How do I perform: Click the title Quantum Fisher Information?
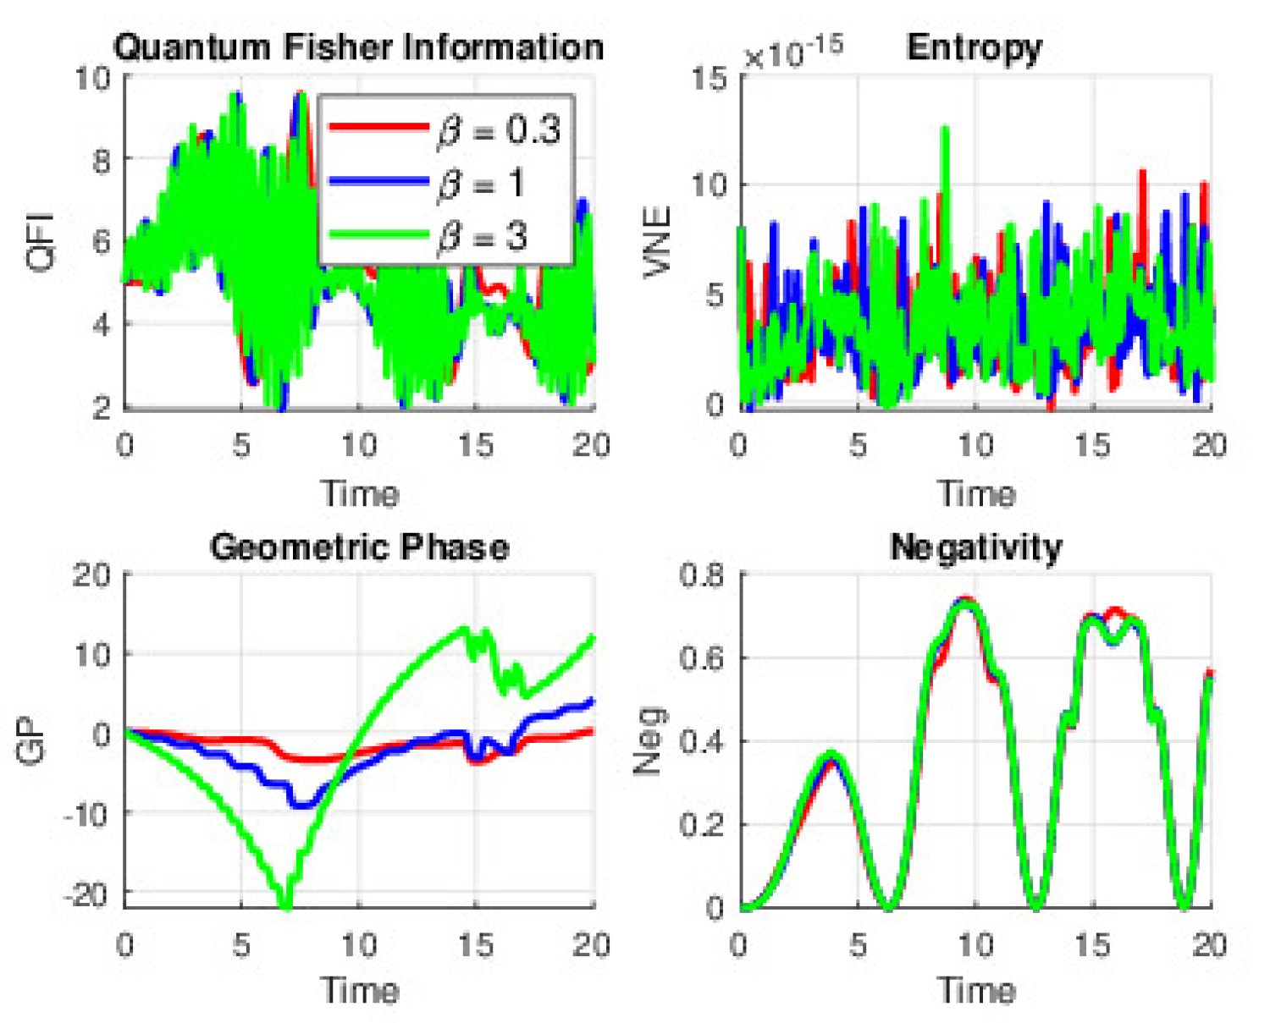[358, 47]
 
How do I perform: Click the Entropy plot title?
[974, 47]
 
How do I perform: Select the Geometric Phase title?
[359, 547]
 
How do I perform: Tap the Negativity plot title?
[976, 547]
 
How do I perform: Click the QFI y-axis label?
[40, 242]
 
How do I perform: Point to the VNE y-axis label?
[657, 242]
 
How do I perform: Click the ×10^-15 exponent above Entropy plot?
[792, 53]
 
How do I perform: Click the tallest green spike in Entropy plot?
[944, 129]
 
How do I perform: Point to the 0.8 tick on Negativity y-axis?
[702, 575]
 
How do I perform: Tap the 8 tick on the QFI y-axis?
[101, 159]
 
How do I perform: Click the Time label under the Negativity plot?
[976, 989]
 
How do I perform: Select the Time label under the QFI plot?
[359, 492]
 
